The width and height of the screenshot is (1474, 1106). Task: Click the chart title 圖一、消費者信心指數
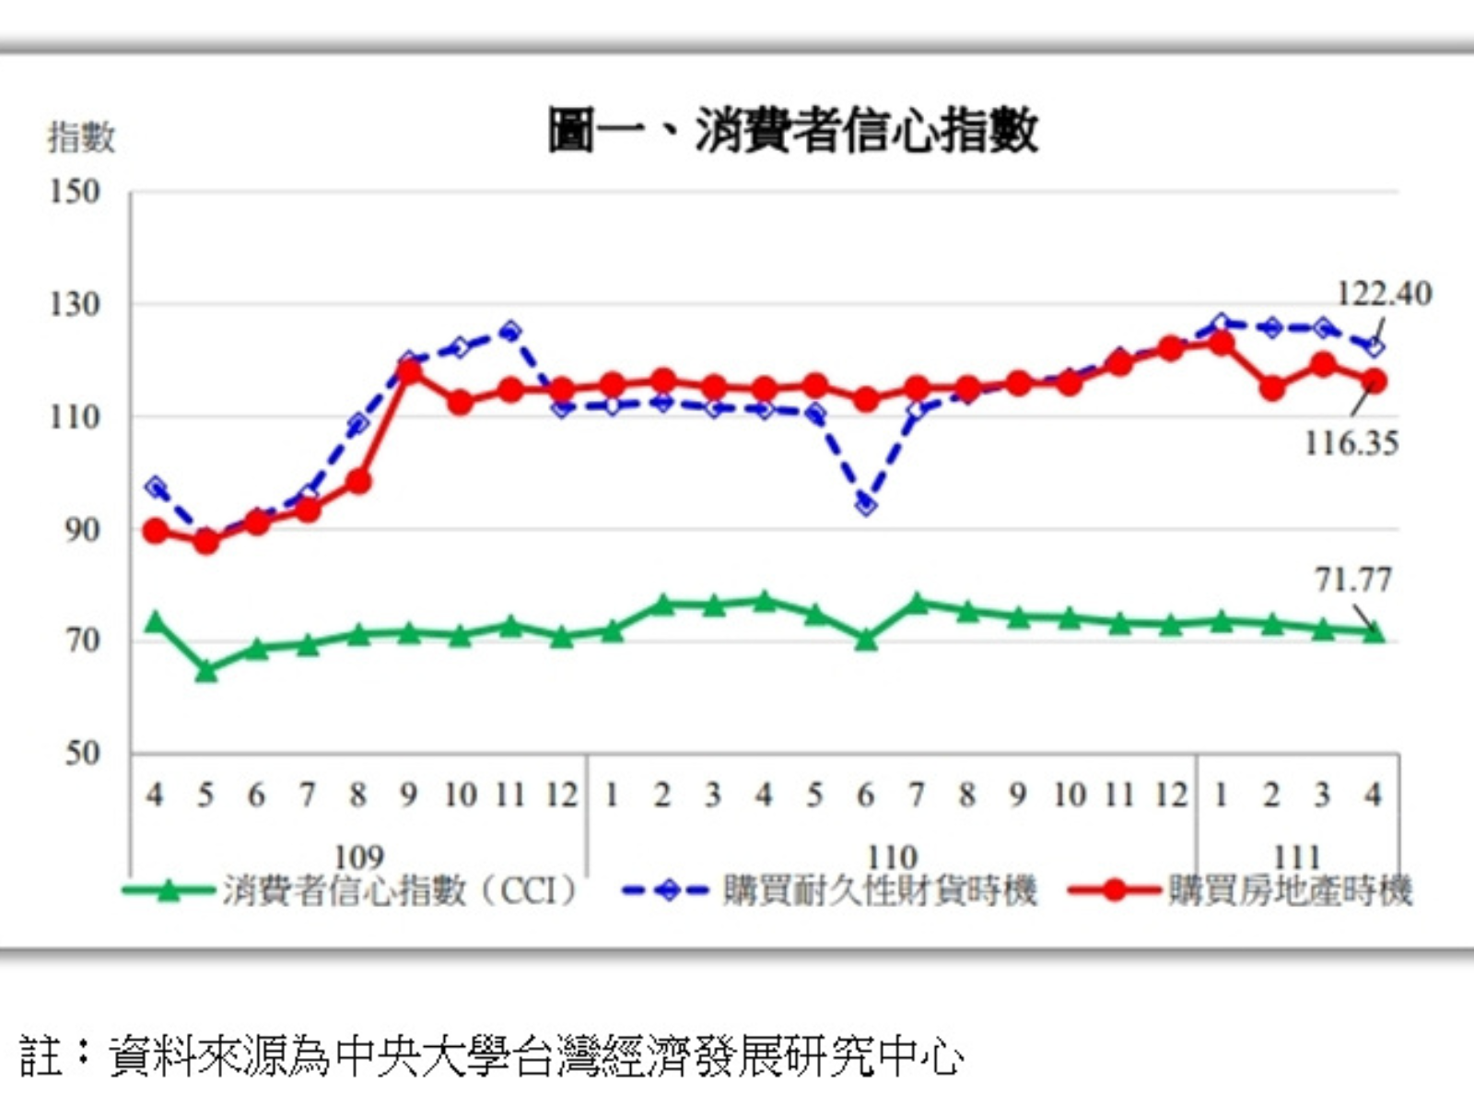(793, 130)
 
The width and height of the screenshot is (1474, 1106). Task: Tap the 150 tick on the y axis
(75, 192)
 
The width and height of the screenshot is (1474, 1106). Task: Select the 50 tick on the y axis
(82, 753)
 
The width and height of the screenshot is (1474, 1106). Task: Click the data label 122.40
(1384, 293)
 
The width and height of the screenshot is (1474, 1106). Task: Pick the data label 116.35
(1351, 443)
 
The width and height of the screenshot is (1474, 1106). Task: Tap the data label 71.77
(1352, 580)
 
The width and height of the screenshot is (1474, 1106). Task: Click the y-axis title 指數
(82, 137)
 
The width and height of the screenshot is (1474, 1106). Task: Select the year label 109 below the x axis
(358, 856)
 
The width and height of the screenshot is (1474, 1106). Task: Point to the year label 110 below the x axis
(892, 856)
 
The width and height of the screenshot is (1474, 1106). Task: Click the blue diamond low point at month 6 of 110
(866, 504)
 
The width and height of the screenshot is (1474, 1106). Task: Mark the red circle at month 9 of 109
(409, 371)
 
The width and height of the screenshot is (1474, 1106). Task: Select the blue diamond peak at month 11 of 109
(510, 331)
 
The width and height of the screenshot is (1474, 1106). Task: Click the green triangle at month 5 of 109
(206, 671)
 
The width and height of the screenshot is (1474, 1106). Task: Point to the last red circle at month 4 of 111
(1374, 381)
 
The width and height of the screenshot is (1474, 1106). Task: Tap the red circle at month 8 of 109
(358, 481)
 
